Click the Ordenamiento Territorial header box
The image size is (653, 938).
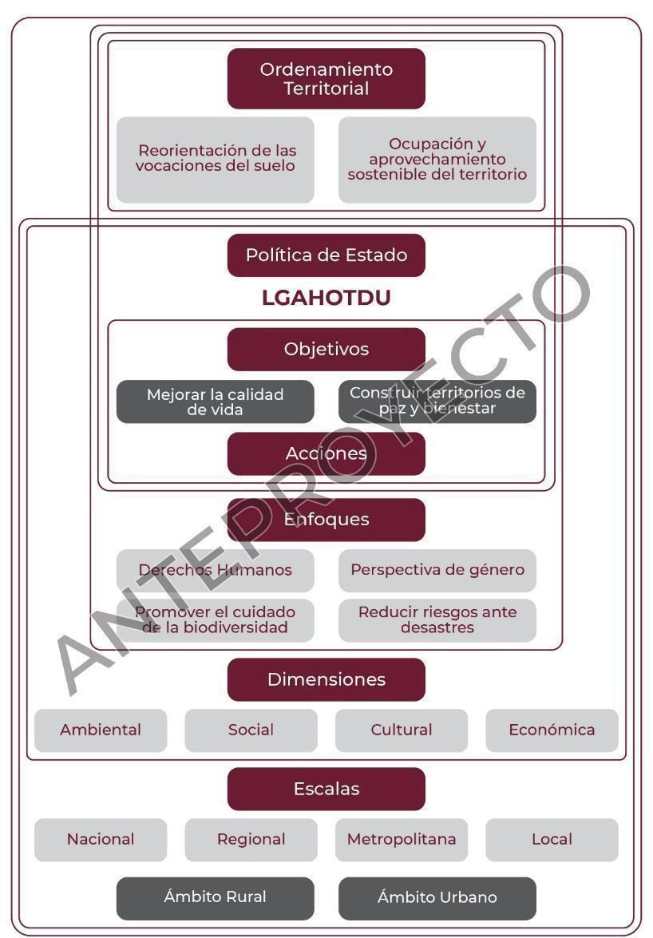326,78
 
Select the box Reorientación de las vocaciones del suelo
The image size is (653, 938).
215,159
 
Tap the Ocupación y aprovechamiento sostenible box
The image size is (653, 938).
437,159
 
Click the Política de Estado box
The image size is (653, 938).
326,255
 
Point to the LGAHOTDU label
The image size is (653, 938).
326,299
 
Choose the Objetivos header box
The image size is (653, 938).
326,349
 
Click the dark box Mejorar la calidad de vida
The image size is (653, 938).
215,402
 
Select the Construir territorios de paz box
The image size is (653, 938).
437,402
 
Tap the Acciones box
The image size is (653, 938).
326,453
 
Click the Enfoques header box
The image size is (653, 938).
326,520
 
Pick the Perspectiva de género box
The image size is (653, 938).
437,570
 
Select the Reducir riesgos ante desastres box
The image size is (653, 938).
437,619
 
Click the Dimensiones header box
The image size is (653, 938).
326,679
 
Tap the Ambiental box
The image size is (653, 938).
101,730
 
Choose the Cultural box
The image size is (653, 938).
401,730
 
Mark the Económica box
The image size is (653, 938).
552,730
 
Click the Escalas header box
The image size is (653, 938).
326,789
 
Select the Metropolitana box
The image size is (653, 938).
401,839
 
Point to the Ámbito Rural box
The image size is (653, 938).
215,897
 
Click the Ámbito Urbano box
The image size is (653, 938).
437,897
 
